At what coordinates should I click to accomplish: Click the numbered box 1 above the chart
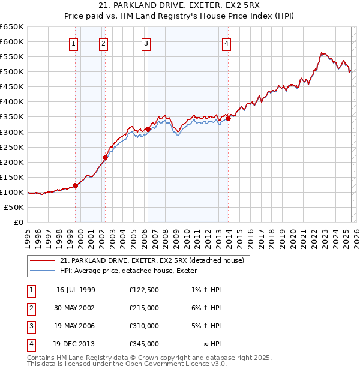click(73, 43)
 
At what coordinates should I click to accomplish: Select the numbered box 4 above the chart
click(226, 43)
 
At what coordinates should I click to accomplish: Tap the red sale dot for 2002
click(105, 158)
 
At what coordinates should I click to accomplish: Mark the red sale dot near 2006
click(148, 129)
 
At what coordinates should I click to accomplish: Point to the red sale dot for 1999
click(76, 185)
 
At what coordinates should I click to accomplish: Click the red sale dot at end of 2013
click(228, 118)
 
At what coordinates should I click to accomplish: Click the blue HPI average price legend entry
click(133, 271)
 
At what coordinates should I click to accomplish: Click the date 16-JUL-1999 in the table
click(76, 290)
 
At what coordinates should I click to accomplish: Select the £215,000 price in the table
click(144, 308)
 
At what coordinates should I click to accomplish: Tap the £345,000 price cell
click(144, 344)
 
